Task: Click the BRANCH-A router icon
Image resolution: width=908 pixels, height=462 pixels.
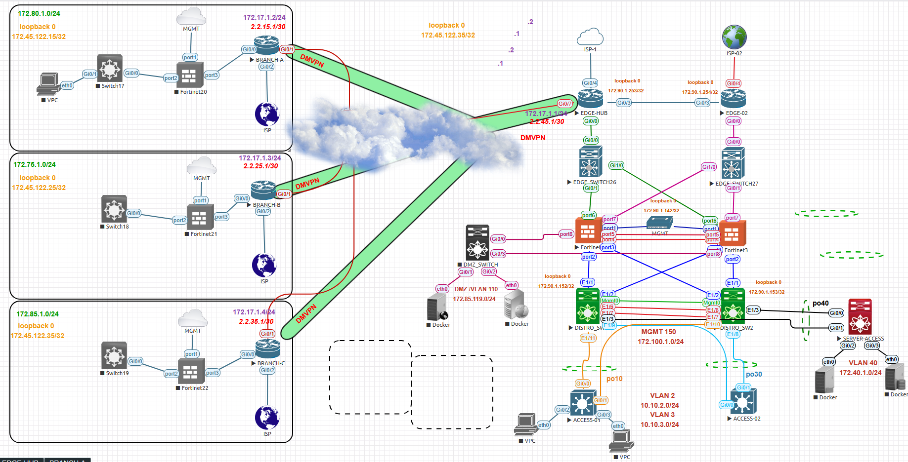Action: point(266,45)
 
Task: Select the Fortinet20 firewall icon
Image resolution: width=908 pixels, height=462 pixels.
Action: point(189,76)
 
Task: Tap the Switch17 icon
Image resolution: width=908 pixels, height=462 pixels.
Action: point(110,68)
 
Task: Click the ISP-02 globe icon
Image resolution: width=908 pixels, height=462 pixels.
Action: point(734,37)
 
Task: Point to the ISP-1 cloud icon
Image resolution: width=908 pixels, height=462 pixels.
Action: point(590,38)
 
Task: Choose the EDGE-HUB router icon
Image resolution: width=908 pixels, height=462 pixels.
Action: point(591,99)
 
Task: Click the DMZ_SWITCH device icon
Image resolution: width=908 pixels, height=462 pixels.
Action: point(477,242)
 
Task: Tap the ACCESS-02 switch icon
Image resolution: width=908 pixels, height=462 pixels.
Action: point(743,402)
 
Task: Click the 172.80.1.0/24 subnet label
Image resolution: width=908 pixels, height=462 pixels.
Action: point(39,13)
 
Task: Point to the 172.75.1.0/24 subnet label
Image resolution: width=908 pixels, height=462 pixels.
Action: point(35,164)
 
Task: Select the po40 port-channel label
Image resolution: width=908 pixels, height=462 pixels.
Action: point(821,303)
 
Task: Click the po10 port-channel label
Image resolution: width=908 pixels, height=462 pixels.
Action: point(614,379)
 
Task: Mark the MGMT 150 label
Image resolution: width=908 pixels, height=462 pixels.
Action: point(658,332)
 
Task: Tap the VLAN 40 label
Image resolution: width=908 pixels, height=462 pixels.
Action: point(863,363)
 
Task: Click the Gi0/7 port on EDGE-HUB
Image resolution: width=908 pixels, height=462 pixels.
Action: point(565,104)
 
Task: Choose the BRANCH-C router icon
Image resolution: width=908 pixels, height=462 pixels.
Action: point(268,348)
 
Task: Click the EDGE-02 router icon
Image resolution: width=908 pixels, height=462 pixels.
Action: point(734,99)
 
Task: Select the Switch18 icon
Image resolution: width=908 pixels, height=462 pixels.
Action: point(114,209)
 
